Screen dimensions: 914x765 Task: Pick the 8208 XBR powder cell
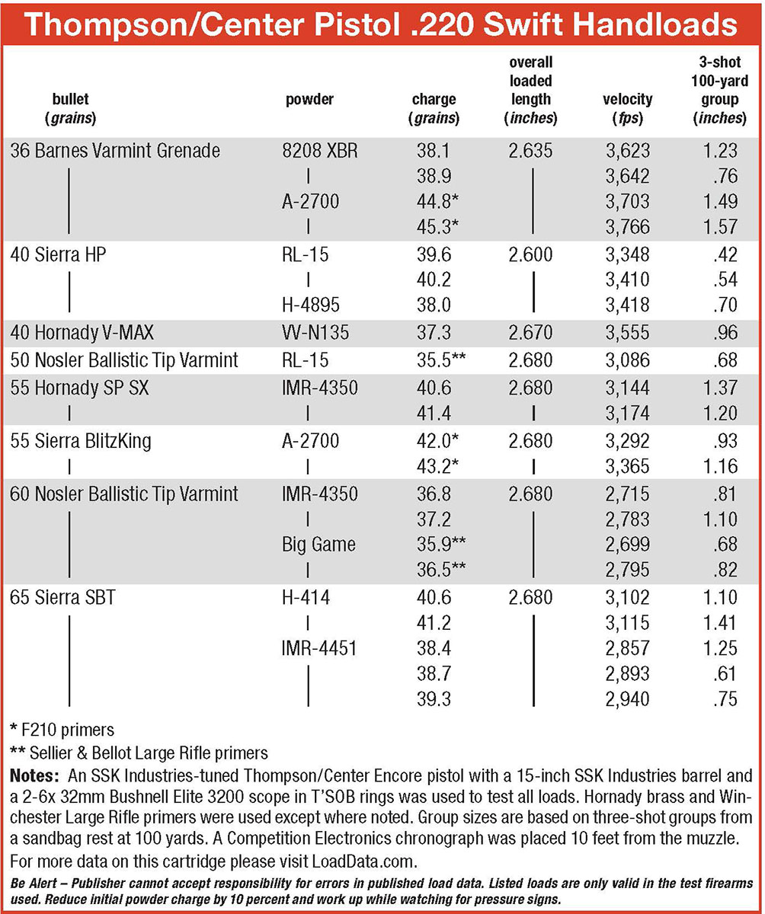320,151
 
